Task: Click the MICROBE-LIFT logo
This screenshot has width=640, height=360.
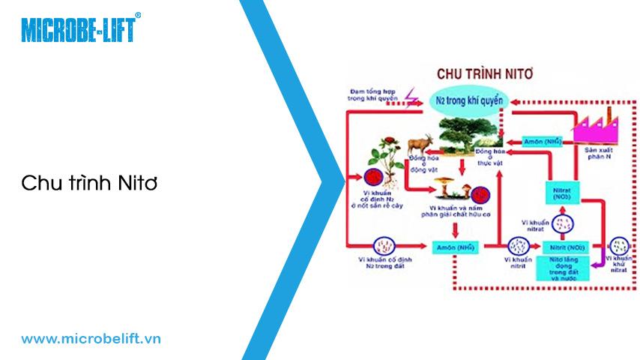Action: pos(79,29)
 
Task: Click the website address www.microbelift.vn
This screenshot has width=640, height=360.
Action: pos(91,339)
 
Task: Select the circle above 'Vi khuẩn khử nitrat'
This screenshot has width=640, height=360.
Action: pos(619,245)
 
